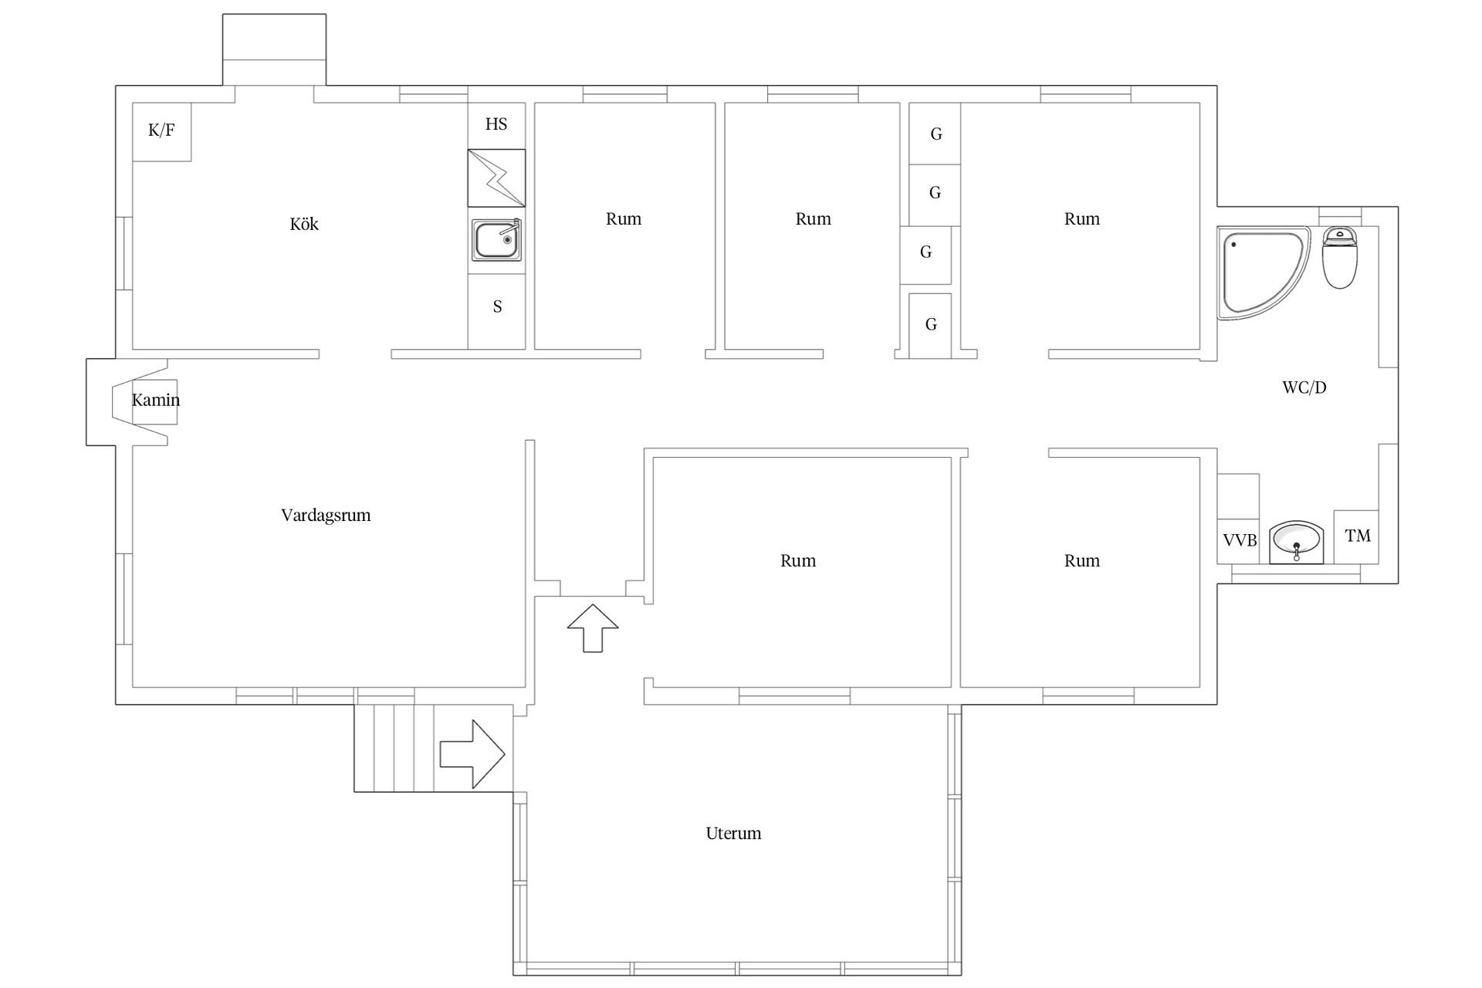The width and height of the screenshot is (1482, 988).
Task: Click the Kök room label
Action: (304, 224)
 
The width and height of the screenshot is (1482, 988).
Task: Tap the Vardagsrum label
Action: (326, 515)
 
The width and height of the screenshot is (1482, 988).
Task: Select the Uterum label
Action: (733, 833)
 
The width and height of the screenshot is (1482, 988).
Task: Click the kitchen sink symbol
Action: (496, 239)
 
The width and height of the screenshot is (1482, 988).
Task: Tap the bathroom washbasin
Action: (1296, 542)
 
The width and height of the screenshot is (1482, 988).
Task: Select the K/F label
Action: (161, 130)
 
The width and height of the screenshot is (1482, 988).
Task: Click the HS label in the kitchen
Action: (496, 123)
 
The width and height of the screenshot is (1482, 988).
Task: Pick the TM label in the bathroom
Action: (1358, 535)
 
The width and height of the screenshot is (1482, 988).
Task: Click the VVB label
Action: (1240, 540)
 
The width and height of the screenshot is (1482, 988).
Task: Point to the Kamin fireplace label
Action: (156, 400)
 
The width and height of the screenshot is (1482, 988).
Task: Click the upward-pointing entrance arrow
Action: (593, 628)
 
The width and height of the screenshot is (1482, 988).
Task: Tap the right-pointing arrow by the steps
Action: (472, 754)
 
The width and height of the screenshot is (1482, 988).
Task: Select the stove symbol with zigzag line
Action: (496, 178)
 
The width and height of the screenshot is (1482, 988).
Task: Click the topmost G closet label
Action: (936, 134)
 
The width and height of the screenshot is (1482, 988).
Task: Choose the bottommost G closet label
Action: (931, 324)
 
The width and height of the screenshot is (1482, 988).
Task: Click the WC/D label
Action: (1304, 387)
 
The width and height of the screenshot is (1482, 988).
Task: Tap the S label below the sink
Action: (497, 306)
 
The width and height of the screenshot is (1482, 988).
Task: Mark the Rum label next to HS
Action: (624, 218)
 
